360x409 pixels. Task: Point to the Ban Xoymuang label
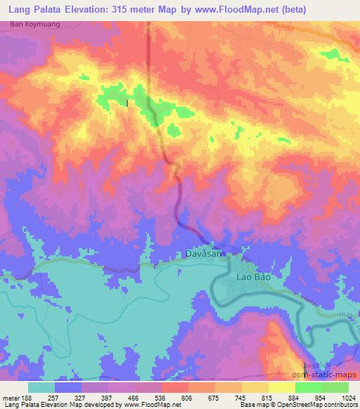(x=33, y=25)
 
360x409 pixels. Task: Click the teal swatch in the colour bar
(x=41, y=387)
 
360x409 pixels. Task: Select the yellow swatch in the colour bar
(x=281, y=387)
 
